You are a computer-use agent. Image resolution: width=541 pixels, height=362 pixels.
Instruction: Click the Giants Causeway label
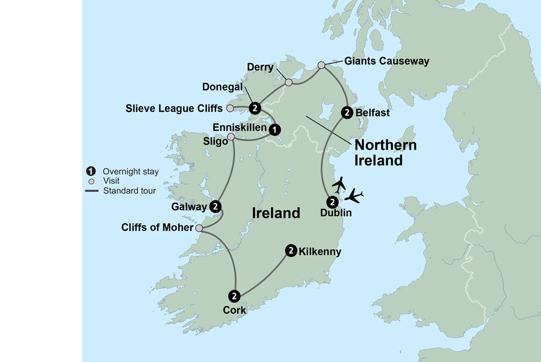[386, 61]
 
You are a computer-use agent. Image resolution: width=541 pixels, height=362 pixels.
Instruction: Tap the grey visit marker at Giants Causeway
[321, 65]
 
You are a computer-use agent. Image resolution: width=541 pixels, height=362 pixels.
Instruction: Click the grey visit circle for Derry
[289, 82]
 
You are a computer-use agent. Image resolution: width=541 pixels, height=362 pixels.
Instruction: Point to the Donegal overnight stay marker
[255, 107]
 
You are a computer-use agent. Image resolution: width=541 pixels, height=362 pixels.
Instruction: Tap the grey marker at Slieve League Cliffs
[230, 108]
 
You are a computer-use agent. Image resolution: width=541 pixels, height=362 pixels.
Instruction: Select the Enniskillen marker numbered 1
[275, 130]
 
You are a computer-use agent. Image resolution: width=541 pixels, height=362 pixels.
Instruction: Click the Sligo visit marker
[232, 137]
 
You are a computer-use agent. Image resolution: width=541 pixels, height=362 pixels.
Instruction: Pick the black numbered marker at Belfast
[347, 113]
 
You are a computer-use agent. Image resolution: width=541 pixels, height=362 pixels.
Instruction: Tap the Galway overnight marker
[215, 206]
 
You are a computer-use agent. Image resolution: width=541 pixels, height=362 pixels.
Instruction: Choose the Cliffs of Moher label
[157, 228]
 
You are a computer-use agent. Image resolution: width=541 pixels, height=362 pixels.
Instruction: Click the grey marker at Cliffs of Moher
[199, 229]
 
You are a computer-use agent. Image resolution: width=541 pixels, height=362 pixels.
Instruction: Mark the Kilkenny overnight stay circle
[291, 250]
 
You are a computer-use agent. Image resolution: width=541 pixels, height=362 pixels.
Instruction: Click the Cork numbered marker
[234, 296]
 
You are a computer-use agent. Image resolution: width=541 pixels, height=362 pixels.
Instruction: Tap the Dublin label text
[335, 213]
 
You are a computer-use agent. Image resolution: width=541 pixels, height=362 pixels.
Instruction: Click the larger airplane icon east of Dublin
[354, 195]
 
